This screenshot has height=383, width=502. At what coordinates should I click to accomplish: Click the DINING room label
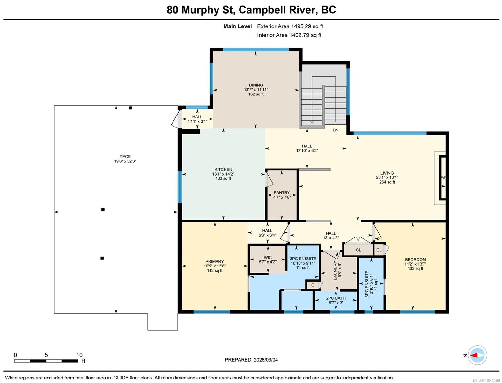tap(256, 85)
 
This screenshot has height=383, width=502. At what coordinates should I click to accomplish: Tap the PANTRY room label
tap(282, 192)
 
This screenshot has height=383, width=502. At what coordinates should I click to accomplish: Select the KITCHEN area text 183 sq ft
tap(223, 178)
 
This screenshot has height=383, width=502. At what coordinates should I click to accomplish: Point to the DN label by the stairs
tap(335, 130)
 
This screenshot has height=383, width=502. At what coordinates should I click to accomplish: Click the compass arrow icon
tap(477, 355)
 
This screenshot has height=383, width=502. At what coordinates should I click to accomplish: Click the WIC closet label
tap(268, 257)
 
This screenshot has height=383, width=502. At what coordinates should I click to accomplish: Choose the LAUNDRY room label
tap(335, 271)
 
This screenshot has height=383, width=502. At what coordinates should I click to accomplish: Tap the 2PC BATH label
tap(336, 298)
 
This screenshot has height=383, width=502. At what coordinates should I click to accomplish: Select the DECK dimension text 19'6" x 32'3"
tap(125, 161)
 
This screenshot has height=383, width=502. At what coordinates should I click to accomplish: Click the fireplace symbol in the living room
tap(442, 177)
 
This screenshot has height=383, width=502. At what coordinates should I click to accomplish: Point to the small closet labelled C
tap(313, 285)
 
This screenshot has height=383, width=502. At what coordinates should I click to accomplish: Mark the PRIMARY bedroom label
tap(214, 261)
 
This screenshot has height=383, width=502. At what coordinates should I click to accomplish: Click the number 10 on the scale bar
tap(79, 355)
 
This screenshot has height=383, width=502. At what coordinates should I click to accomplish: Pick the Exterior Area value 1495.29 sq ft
tap(307, 26)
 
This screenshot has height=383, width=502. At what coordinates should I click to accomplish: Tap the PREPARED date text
tap(251, 360)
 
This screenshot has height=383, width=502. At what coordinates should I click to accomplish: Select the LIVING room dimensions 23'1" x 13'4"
tap(387, 177)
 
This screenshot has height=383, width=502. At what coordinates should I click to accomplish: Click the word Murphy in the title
tap(201, 10)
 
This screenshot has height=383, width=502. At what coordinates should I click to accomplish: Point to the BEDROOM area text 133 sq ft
tap(415, 268)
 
